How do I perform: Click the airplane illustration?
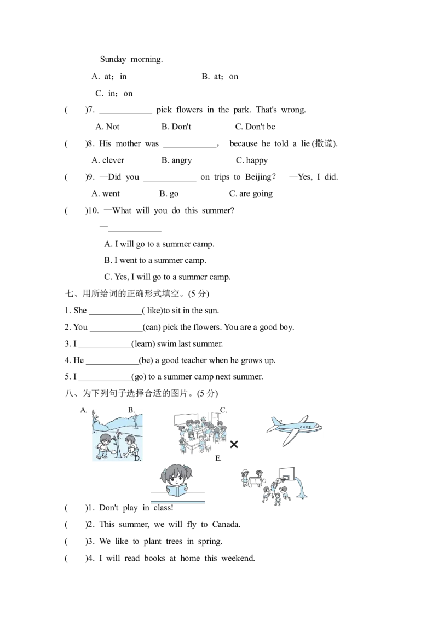point(295,429)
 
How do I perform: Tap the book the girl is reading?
point(177,490)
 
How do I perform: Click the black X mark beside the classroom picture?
point(234,444)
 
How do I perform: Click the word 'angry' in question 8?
point(182,160)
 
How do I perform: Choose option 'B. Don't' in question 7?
point(176,127)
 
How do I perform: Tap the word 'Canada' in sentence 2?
point(226,524)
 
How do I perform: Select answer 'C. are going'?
point(251,194)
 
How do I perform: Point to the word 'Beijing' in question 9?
point(258,177)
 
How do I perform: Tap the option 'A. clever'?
point(107,160)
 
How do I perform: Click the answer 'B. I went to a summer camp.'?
point(155,260)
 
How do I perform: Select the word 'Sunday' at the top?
point(113,59)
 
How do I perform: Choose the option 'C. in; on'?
point(114,93)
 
